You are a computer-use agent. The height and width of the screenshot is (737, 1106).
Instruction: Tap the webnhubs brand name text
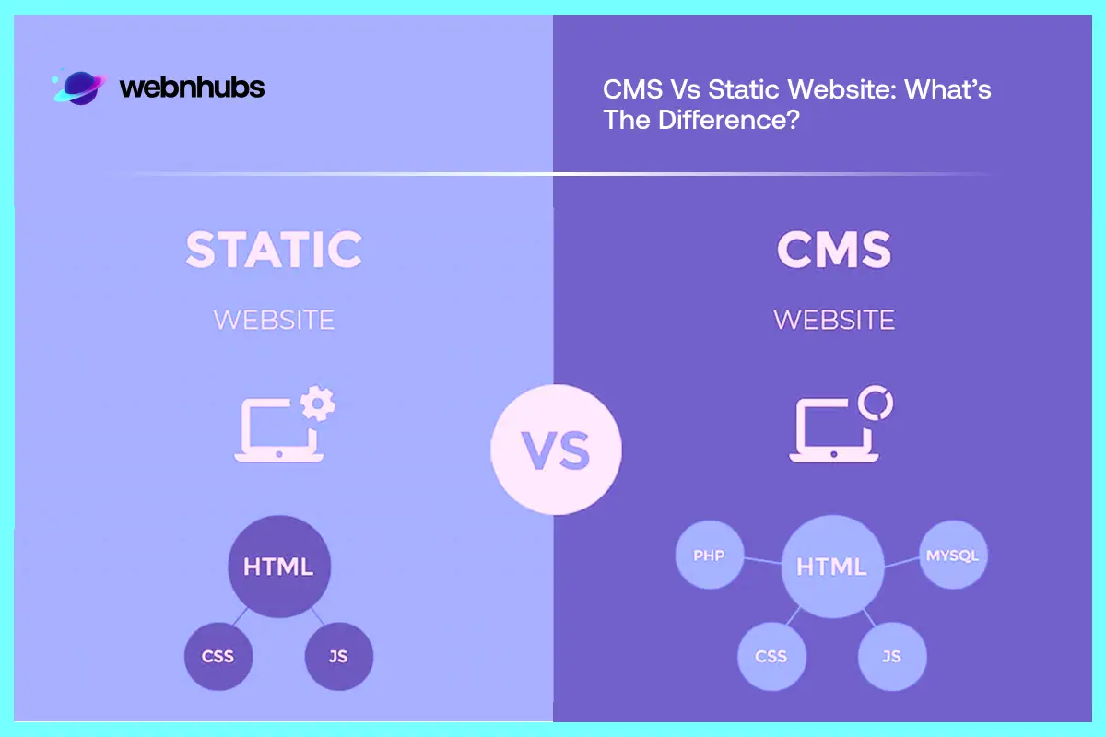(x=192, y=88)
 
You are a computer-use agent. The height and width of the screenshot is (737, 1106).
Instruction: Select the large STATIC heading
(x=274, y=250)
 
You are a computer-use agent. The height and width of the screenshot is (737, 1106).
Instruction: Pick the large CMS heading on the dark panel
(x=833, y=250)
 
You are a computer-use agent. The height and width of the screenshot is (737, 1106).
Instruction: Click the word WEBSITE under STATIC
(x=274, y=320)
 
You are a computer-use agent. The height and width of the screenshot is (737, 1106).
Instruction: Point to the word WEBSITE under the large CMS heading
(x=833, y=320)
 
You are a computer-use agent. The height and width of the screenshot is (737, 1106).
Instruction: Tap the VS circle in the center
(x=556, y=449)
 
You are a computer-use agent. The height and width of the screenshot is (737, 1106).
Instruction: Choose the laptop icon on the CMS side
(x=827, y=432)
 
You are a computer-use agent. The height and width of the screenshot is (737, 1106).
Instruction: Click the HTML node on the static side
(x=277, y=566)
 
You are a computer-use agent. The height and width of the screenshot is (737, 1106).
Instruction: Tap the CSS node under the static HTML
(x=218, y=657)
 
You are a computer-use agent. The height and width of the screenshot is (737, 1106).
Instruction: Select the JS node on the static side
(x=338, y=657)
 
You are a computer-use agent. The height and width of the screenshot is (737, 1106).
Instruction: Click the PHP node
(x=708, y=556)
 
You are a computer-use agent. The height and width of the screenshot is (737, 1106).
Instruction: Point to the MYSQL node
(x=952, y=556)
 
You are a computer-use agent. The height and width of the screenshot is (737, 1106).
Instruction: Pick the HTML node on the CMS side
(x=831, y=566)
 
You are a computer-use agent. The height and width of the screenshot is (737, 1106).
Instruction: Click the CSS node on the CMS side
(x=771, y=656)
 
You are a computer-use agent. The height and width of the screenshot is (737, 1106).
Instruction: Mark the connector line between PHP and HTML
(x=760, y=560)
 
